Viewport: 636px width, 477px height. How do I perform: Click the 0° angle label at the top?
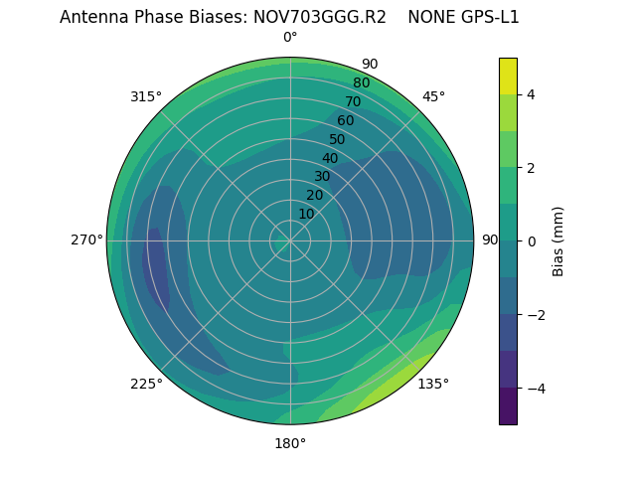tap(290, 38)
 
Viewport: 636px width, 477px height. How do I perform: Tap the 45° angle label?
tap(433, 96)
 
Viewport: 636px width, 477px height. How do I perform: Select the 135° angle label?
tap(433, 384)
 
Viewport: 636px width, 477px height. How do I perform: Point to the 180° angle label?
tap(290, 443)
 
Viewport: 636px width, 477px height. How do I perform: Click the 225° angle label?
tap(146, 384)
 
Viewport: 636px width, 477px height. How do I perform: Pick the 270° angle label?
tap(86, 239)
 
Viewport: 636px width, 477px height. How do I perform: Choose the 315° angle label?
tap(146, 96)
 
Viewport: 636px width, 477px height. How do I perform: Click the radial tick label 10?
tap(306, 214)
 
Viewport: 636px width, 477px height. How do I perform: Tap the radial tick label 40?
tap(330, 158)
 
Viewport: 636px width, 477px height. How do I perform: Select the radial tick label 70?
tap(353, 101)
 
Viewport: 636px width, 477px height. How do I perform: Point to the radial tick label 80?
tap(361, 82)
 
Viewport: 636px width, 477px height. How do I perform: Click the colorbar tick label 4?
tap(531, 94)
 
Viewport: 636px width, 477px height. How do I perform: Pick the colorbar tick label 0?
tap(531, 240)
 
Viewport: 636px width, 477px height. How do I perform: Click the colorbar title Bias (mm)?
tap(558, 240)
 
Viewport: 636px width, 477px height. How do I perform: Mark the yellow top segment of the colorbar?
tap(508, 76)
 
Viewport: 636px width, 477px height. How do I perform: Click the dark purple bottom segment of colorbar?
tap(508, 405)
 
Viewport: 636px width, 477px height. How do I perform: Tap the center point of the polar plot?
tap(290, 240)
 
